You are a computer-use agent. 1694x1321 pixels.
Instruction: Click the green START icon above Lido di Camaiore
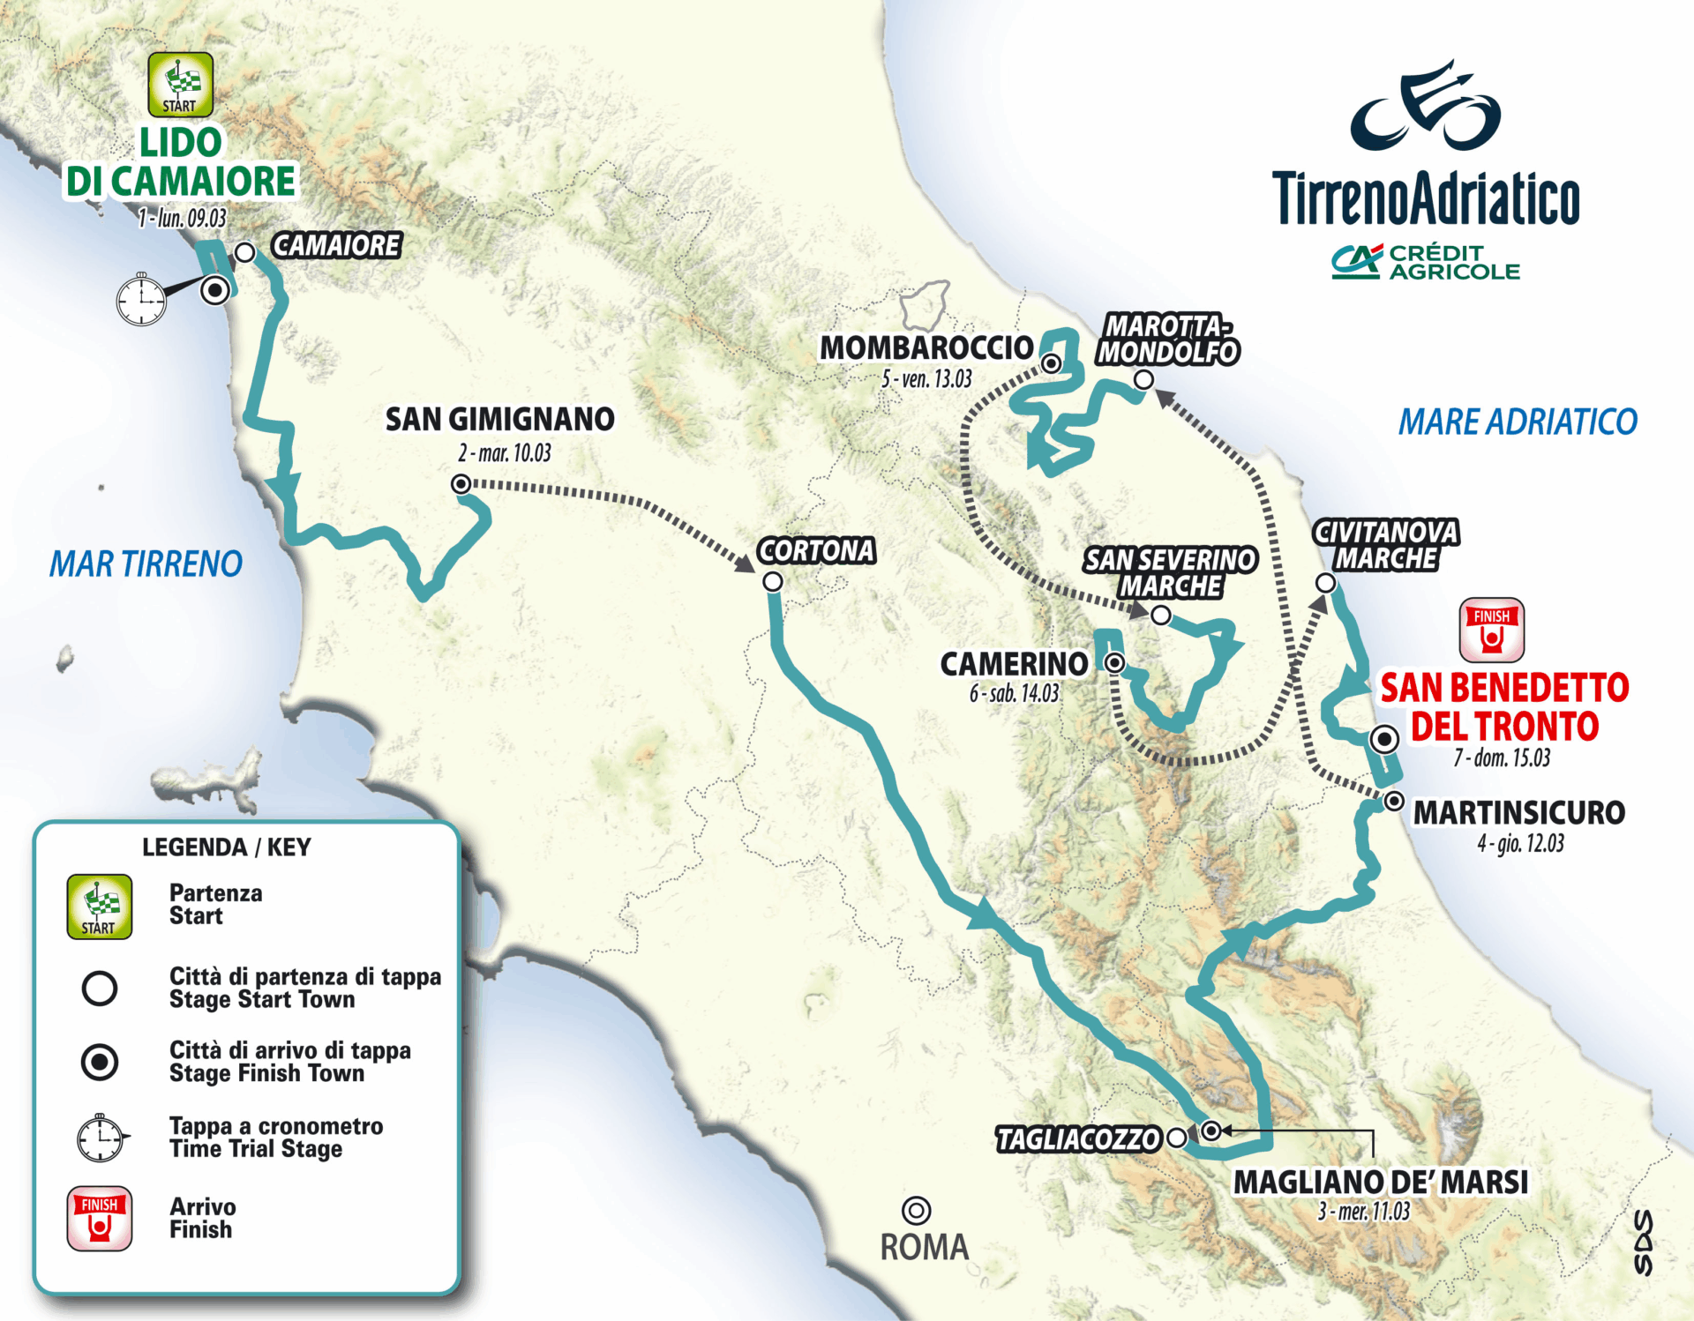tap(180, 85)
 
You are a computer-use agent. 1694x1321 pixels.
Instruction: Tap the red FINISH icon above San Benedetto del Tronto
tap(1491, 630)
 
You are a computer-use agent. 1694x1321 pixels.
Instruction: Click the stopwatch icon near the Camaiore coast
tap(141, 300)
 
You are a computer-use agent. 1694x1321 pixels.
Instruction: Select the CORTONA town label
tap(816, 550)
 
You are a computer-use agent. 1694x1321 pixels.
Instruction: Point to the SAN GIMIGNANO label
tap(499, 419)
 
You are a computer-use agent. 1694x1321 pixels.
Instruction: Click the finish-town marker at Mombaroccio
tap(1051, 363)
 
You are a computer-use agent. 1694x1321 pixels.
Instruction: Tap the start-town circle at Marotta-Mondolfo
tap(1143, 380)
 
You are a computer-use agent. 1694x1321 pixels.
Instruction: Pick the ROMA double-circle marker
tap(917, 1210)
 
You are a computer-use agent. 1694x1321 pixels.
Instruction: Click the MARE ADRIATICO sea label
tap(1518, 422)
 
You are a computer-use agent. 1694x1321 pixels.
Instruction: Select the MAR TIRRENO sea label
tap(146, 563)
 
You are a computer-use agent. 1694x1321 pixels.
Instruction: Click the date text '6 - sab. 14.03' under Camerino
tap(1014, 694)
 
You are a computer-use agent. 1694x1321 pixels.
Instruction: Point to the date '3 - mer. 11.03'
tap(1363, 1212)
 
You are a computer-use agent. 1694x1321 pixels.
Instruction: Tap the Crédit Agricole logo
tap(1426, 262)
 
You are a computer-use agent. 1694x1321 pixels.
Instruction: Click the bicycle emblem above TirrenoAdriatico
tap(1425, 108)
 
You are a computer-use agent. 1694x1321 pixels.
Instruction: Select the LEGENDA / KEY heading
tap(227, 847)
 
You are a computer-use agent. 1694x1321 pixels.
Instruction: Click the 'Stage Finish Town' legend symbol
tap(100, 1062)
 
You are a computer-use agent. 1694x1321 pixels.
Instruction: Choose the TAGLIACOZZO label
tap(1077, 1139)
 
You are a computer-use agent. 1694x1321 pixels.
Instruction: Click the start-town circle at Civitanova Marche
tap(1325, 583)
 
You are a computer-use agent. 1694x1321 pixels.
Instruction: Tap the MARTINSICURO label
tap(1518, 812)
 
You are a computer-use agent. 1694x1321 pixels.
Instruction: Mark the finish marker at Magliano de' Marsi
tap(1211, 1131)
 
